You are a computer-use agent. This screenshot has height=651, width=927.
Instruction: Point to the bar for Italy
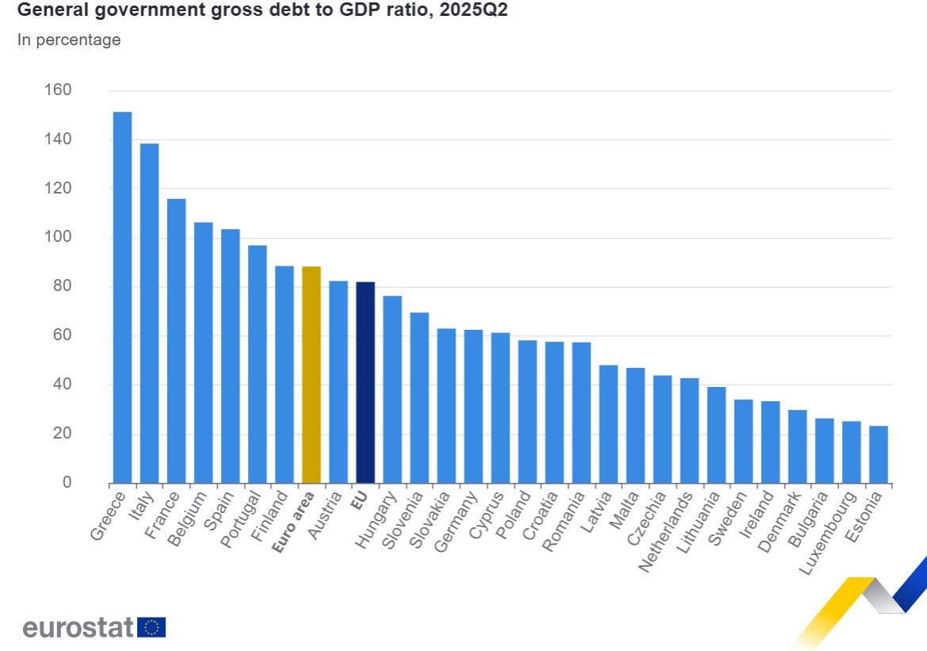[149, 313]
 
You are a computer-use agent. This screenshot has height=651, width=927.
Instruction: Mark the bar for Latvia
[608, 423]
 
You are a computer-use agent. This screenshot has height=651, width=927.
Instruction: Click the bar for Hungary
[392, 389]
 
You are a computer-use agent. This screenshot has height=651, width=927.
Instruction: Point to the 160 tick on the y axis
[57, 90]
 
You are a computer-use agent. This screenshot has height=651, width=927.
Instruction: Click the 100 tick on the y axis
[57, 238]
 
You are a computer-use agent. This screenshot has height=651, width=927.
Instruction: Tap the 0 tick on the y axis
[67, 483]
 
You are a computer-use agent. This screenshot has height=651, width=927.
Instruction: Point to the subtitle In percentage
[69, 40]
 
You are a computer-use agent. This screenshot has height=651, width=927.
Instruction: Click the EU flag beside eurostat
[151, 628]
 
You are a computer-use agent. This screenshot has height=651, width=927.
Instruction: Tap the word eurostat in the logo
[78, 628]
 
